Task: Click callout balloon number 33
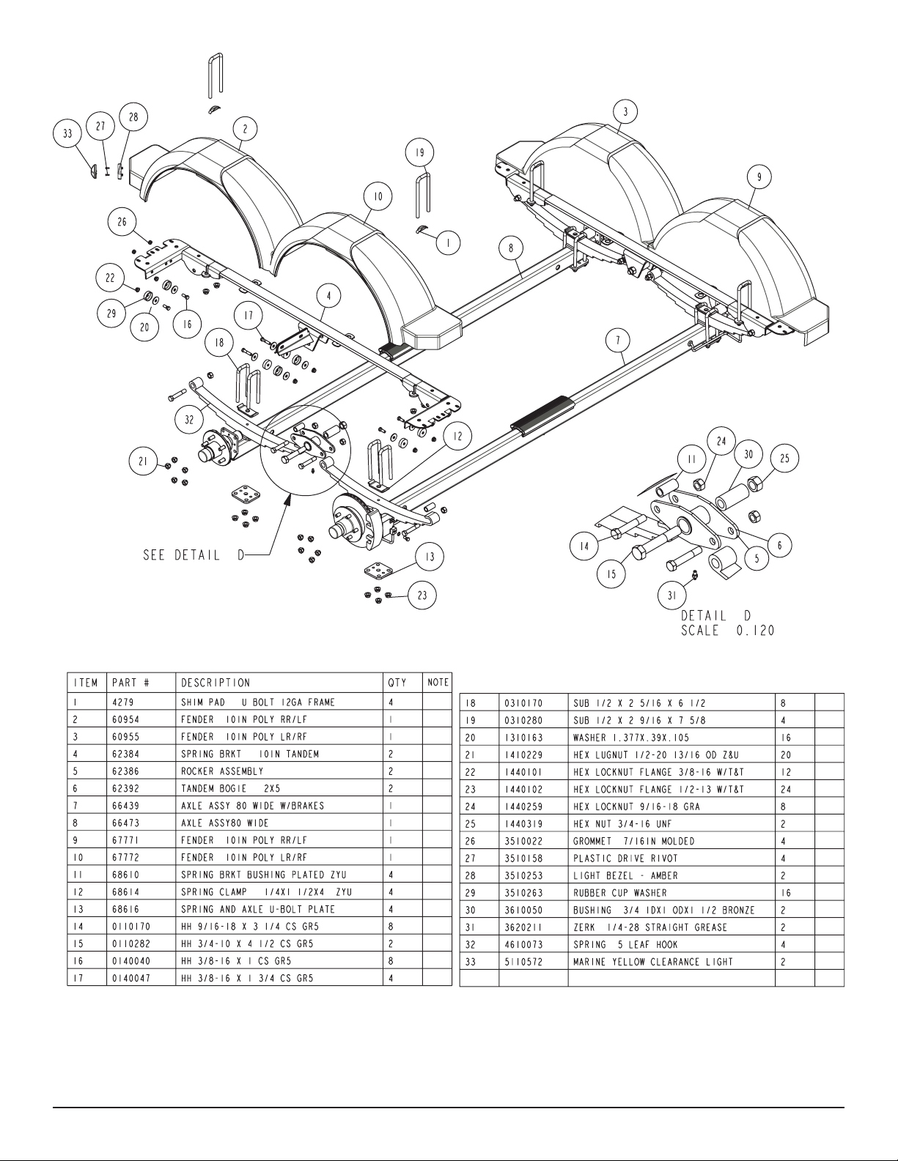[67, 133]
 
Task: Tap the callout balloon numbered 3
[625, 111]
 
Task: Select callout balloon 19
[419, 153]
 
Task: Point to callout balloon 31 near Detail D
[672, 596]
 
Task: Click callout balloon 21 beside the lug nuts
[143, 461]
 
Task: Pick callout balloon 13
[430, 557]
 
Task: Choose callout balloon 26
[122, 221]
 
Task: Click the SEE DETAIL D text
[194, 555]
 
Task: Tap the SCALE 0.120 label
[727, 631]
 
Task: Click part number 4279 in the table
[119, 702]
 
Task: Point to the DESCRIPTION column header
[216, 683]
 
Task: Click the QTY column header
[397, 683]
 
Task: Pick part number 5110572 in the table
[523, 962]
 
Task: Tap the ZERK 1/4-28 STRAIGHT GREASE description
[650, 927]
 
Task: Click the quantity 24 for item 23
[787, 789]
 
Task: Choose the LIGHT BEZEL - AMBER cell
[625, 875]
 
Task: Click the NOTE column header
[438, 683]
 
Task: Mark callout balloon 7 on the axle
[619, 340]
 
